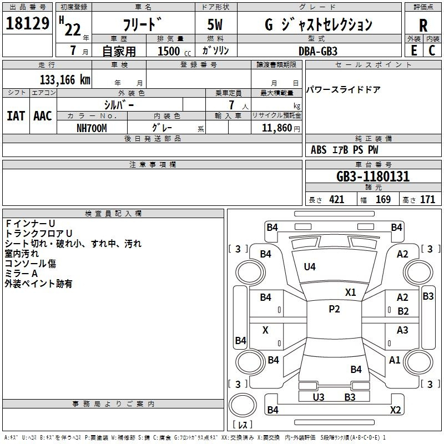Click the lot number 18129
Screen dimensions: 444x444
pyautogui.click(x=27, y=23)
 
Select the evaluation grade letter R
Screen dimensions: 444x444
pyautogui.click(x=423, y=26)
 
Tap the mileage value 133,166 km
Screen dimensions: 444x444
pyautogui.click(x=65, y=80)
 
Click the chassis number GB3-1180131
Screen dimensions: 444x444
pyautogui.click(x=373, y=176)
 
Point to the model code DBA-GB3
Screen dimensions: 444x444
pyautogui.click(x=318, y=51)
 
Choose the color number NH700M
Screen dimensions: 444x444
pyautogui.click(x=92, y=128)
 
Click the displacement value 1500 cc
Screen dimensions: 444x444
pyautogui.click(x=174, y=51)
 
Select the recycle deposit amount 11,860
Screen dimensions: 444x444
pyautogui.click(x=276, y=128)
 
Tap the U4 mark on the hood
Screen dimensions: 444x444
pyautogui.click(x=310, y=267)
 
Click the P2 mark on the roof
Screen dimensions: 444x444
pyautogui.click(x=334, y=309)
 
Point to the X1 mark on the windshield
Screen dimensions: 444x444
pyautogui.click(x=351, y=292)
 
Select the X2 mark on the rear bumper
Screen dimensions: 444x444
pyautogui.click(x=396, y=410)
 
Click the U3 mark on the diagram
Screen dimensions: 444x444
pyautogui.click(x=319, y=397)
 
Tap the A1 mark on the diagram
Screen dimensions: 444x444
pyautogui.click(x=395, y=360)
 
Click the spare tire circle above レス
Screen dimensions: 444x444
pyautogui.click(x=243, y=405)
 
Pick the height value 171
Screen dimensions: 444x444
pyautogui.click(x=427, y=199)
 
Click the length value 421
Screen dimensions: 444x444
pyautogui.click(x=337, y=199)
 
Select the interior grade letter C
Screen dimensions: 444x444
pyautogui.click(x=432, y=51)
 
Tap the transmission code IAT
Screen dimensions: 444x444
pyautogui.click(x=16, y=116)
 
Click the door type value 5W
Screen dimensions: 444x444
pyautogui.click(x=215, y=24)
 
